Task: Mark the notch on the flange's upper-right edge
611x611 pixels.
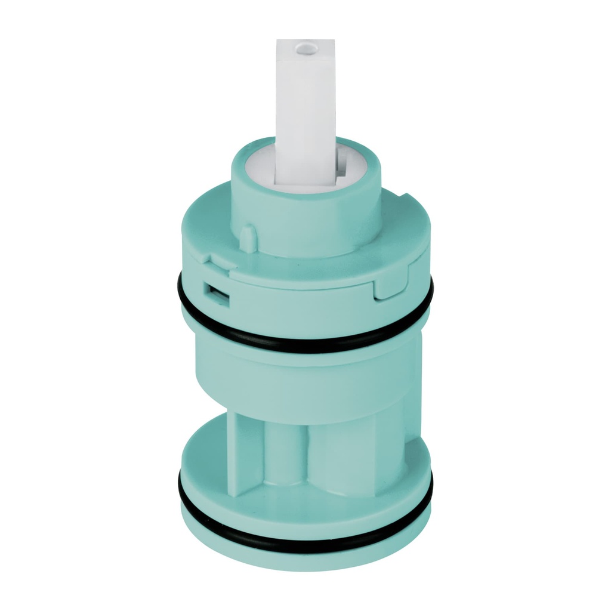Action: click(405, 195)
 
